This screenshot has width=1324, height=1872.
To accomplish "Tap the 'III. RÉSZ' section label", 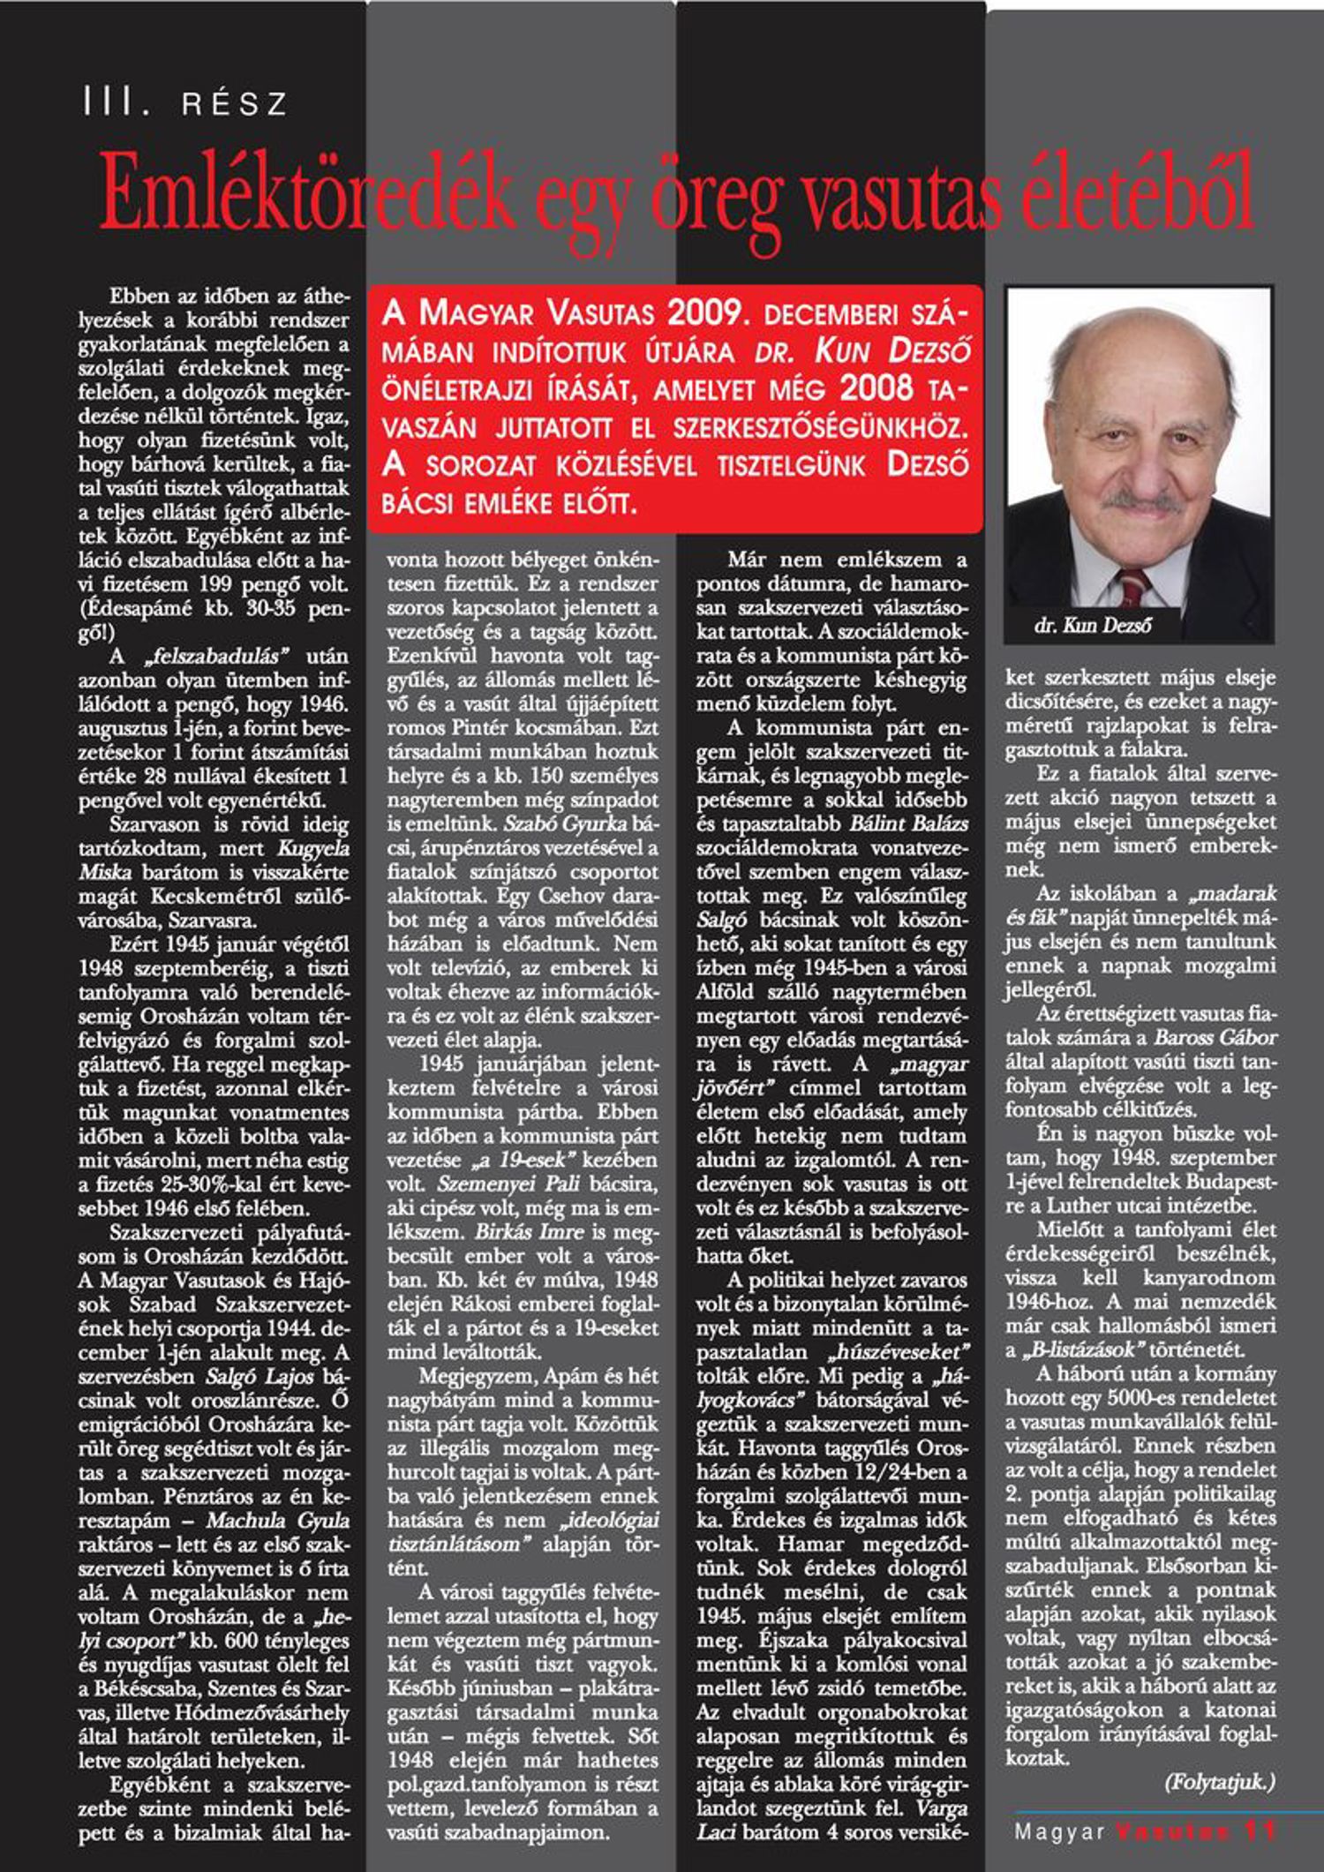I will [184, 103].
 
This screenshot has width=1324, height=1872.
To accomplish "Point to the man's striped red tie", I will [1133, 588].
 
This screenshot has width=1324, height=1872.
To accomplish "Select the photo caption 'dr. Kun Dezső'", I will [1093, 626].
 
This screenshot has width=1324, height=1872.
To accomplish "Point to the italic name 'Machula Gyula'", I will [277, 1520].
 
